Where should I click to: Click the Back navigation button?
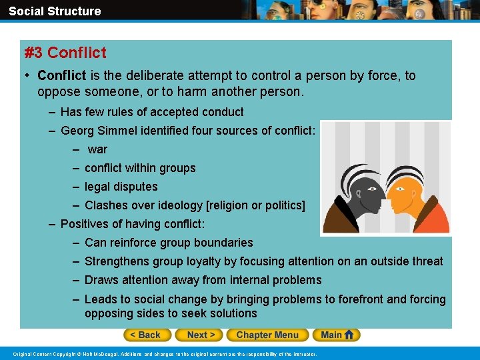[x=145, y=335]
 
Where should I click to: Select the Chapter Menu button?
[x=267, y=335]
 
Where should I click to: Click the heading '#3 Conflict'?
[x=65, y=52]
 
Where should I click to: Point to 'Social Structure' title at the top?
[x=55, y=11]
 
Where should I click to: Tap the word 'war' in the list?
[x=97, y=149]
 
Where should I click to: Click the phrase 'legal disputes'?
[x=121, y=187]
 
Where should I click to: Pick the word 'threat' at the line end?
[x=427, y=261]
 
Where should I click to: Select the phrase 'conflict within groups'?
[x=140, y=168]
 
